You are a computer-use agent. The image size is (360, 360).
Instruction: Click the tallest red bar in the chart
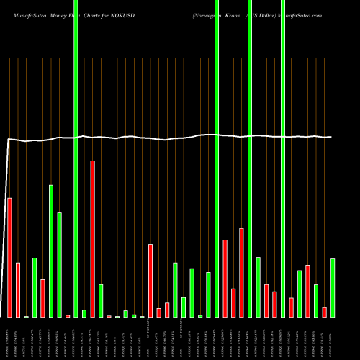(93, 238)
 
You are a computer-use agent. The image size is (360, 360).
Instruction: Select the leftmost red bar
(9, 257)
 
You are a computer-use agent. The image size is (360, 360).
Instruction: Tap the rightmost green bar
(333, 287)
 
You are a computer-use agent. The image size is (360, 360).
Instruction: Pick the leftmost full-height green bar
(76, 158)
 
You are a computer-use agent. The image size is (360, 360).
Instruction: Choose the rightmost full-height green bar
(282, 158)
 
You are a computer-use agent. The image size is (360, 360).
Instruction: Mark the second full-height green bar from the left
(217, 158)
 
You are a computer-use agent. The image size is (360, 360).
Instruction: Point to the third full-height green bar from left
(250, 158)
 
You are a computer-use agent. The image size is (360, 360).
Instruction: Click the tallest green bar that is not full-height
(51, 251)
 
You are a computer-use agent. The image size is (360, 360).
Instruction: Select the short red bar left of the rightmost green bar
(325, 312)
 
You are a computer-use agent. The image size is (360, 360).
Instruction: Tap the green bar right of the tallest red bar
(101, 300)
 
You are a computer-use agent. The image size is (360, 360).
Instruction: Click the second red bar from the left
(18, 289)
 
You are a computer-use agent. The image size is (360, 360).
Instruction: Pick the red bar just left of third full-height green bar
(241, 272)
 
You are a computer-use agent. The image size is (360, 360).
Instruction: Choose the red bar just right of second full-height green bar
(225, 278)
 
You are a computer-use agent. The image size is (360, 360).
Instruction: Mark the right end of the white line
(333, 137)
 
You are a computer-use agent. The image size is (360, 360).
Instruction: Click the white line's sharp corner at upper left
(9, 140)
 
